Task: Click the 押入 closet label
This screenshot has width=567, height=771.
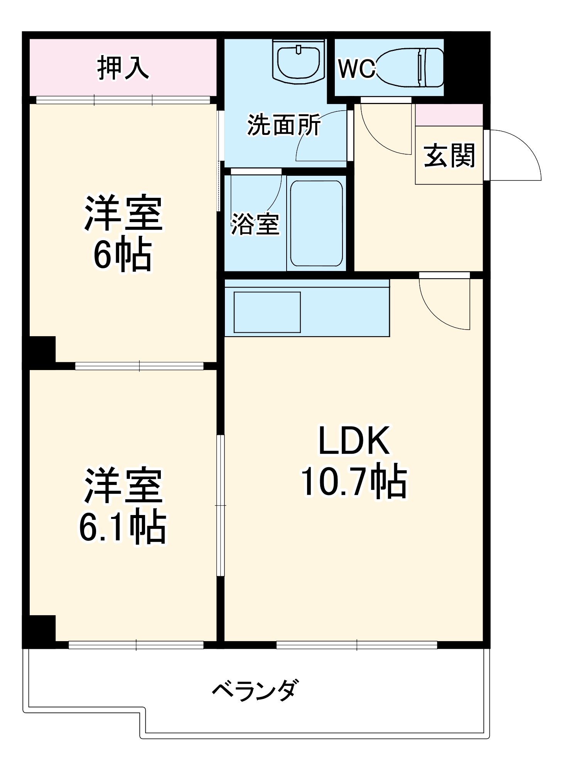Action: point(123,68)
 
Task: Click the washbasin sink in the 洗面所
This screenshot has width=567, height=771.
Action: point(299,62)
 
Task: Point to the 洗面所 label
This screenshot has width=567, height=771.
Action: point(283,125)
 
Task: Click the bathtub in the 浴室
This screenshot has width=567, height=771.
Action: point(316,223)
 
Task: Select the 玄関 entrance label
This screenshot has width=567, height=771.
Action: point(449,156)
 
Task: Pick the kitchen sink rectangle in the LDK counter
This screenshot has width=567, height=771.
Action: point(267,312)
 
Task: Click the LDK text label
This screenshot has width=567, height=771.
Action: point(354,441)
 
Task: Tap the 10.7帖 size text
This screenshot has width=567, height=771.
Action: point(354,481)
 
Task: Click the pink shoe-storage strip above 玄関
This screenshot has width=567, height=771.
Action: point(449,115)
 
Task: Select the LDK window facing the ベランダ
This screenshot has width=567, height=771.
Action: point(357,645)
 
